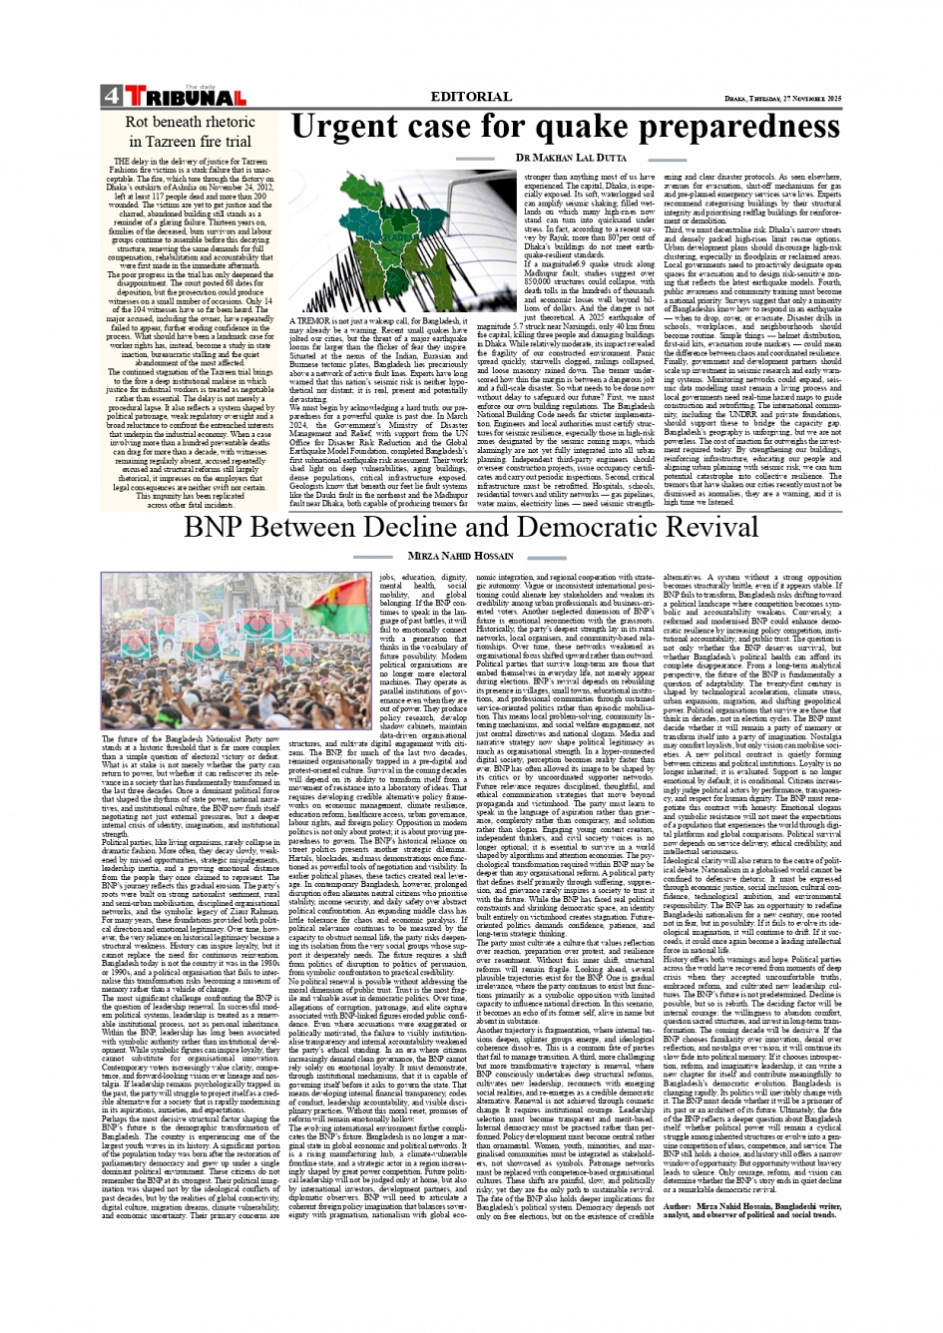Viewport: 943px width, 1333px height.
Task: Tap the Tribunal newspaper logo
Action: coord(185,97)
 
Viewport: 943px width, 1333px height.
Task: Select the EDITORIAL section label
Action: coord(471,97)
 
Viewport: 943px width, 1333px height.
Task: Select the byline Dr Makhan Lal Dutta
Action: coord(571,158)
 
